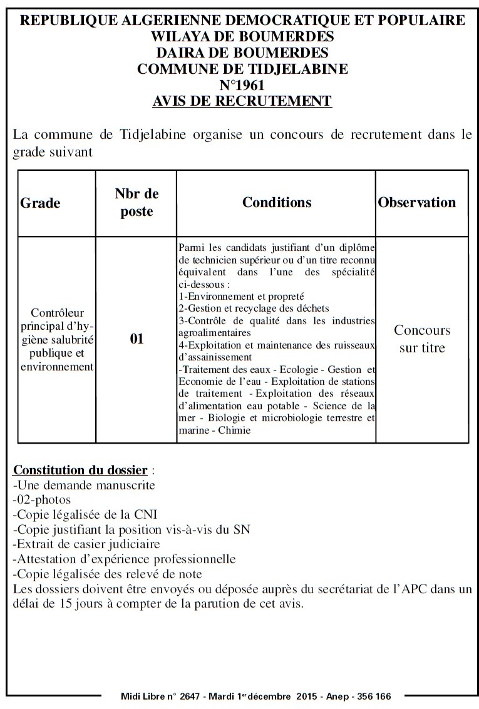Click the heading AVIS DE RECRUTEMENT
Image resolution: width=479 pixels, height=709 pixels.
pyautogui.click(x=242, y=100)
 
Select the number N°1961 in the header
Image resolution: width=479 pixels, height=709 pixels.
pyautogui.click(x=242, y=84)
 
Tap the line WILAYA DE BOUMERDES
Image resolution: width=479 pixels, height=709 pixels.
pyautogui.click(x=242, y=36)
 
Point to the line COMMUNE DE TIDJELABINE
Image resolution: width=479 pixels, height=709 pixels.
pyautogui.click(x=242, y=69)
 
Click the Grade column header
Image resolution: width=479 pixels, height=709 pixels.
pyautogui.click(x=41, y=203)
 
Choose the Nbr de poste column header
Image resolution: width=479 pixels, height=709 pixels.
pyautogui.click(x=136, y=203)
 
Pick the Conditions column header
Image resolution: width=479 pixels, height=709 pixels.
pyautogui.click(x=277, y=202)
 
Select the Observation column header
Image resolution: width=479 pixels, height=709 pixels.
pyautogui.click(x=417, y=202)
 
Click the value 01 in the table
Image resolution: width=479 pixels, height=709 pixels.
pyautogui.click(x=136, y=339)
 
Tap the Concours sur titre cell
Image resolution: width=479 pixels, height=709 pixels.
pyautogui.click(x=422, y=339)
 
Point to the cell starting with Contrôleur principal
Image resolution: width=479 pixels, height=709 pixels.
pyautogui.click(x=56, y=339)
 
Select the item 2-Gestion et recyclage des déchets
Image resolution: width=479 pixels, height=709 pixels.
pyautogui.click(x=254, y=309)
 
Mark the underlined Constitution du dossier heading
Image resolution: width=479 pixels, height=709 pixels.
pyautogui.click(x=81, y=470)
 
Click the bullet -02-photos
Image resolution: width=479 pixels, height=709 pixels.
pyautogui.click(x=42, y=499)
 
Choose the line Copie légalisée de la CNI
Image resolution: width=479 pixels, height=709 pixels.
pyautogui.click(x=85, y=514)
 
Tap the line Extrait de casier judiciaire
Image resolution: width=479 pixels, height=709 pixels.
pyautogui.click(x=86, y=544)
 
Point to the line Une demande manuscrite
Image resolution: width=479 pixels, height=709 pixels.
pyautogui.click(x=84, y=485)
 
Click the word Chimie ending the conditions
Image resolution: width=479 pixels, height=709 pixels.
pyautogui.click(x=234, y=430)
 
